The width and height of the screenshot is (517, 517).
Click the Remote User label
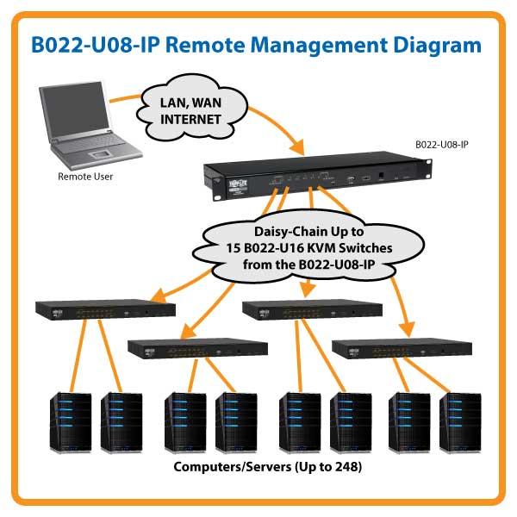pos(85,177)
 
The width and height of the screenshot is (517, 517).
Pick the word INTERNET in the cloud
pos(190,120)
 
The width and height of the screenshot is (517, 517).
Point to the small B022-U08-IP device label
pos(441,145)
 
